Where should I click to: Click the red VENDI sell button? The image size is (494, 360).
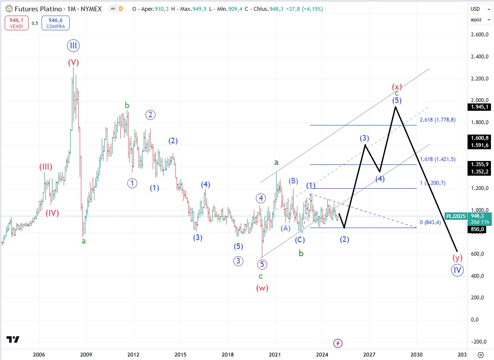16,23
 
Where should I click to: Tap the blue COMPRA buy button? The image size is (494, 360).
55,23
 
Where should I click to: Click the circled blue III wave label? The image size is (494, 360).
73,46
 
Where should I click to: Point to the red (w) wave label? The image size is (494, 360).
262,288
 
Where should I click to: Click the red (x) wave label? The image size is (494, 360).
396,86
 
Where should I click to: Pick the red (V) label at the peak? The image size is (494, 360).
73,62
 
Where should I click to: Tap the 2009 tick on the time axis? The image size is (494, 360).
86,355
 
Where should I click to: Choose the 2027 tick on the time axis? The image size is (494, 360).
369,355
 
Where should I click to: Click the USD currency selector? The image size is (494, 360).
476,9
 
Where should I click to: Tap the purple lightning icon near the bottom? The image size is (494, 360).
338,343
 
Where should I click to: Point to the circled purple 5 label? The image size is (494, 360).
262,264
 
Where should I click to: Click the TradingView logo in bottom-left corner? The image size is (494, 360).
13,340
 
